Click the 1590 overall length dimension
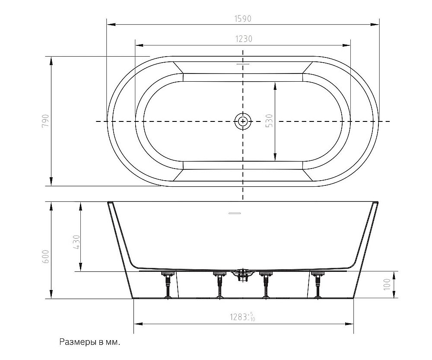[243, 19]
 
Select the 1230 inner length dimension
[244, 39]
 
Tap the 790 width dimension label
[45, 121]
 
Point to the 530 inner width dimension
[270, 121]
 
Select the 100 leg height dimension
[387, 284]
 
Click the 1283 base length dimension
[243, 317]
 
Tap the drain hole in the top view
[243, 121]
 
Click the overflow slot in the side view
[235, 213]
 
